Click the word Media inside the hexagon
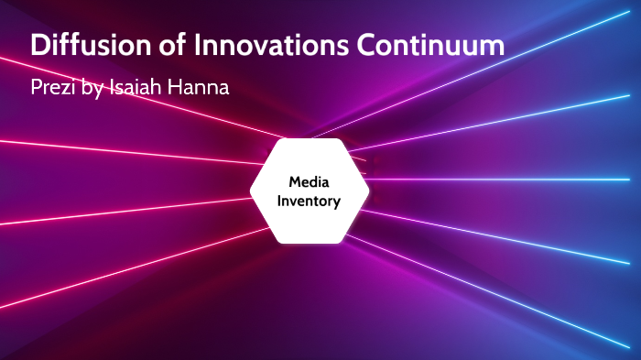(x=310, y=182)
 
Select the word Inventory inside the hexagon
(x=310, y=201)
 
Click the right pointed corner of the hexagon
(x=368, y=191)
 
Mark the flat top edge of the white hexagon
(x=310, y=140)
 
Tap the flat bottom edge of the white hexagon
(x=310, y=243)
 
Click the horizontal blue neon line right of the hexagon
(x=504, y=179)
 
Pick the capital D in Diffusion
(x=41, y=47)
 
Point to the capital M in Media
(x=295, y=182)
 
